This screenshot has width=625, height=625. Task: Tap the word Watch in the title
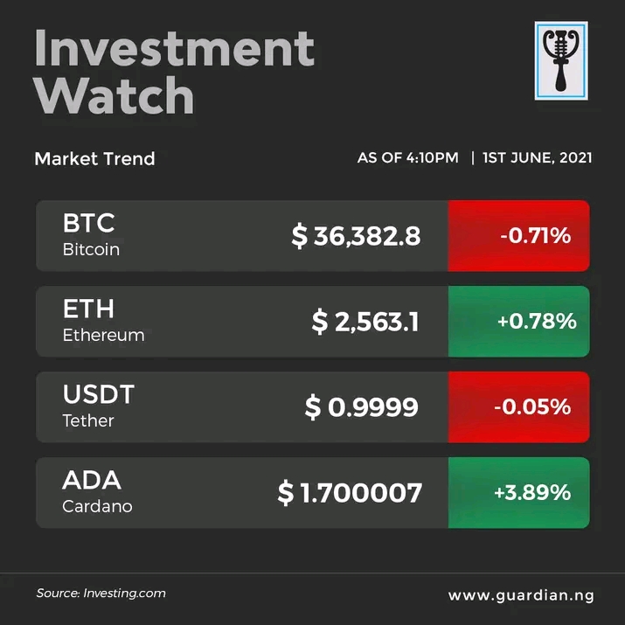pos(115,95)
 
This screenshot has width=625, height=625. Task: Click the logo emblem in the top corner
pos(561,61)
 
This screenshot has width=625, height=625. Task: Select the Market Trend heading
pos(94,159)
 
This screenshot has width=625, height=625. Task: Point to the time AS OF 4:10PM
pos(407,158)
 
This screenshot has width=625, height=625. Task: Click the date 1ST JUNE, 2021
pos(537,158)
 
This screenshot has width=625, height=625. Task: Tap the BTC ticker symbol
pos(88,224)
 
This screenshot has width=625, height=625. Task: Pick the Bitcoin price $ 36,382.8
pos(356,236)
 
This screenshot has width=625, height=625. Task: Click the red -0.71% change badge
pos(519,236)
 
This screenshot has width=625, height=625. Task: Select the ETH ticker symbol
pos(88,309)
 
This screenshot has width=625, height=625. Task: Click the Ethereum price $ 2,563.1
pos(365,322)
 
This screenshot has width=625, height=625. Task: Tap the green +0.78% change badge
pos(519,322)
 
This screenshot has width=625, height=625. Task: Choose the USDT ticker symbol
pos(99,394)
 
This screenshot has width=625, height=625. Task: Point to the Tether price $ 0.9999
pos(361,407)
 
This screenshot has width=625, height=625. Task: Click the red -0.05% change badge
pos(519,407)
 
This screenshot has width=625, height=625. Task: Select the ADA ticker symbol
pos(92,480)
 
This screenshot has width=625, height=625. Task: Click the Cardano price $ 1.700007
pos(350,493)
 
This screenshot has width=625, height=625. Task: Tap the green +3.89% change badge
pos(519,493)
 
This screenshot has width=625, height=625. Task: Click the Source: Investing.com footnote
pos(101,594)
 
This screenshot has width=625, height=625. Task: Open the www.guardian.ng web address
pos(521,595)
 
